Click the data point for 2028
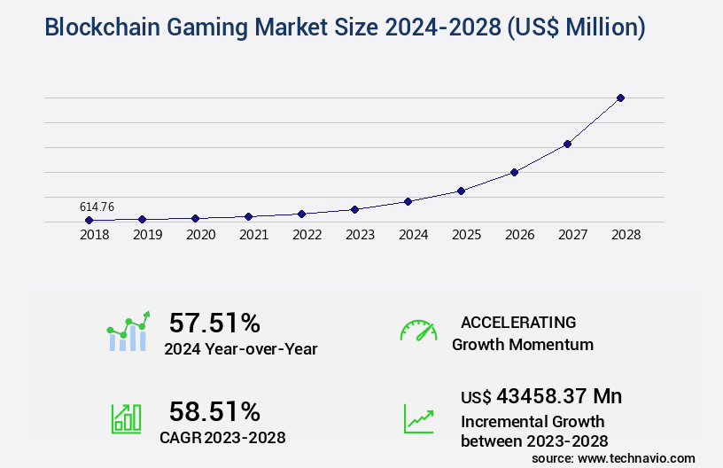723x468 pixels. [620, 97]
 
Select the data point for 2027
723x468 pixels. [567, 144]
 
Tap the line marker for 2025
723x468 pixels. [461, 191]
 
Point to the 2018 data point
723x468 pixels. [89, 220]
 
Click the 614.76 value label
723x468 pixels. [97, 207]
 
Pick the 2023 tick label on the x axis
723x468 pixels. [360, 236]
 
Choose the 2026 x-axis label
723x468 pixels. [519, 236]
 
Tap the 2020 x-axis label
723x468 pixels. [200, 236]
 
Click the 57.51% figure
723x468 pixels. [214, 323]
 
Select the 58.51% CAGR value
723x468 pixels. [214, 411]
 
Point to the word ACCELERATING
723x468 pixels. [518, 322]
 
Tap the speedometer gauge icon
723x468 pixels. [418, 331]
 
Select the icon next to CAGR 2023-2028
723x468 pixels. [126, 418]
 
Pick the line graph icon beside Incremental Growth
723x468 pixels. [418, 418]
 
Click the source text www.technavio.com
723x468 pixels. [637, 457]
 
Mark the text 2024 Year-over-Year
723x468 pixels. [240, 348]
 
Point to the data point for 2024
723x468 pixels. [408, 201]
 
